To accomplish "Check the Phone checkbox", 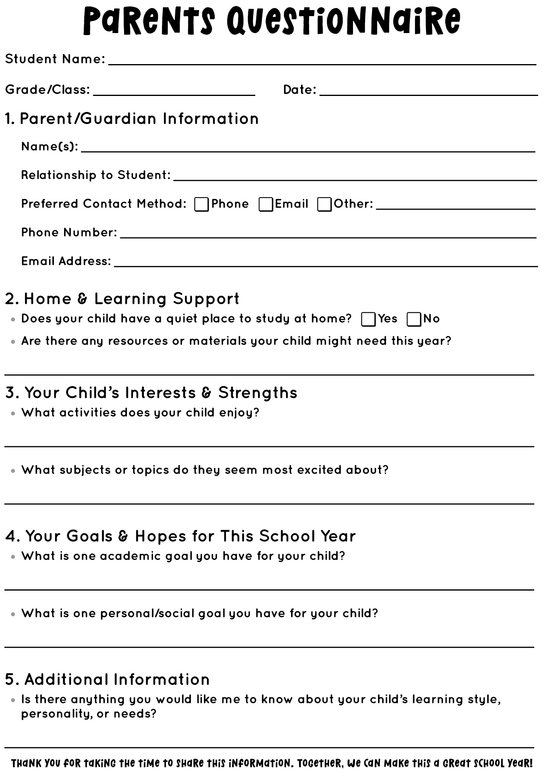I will point(201,204).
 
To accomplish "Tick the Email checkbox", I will point(266,204).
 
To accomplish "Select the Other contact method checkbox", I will point(324,204).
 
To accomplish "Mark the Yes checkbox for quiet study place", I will point(368,319).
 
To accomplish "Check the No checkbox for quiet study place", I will point(414,319).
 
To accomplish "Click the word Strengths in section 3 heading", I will point(257,393).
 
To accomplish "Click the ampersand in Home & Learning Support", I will point(82,299).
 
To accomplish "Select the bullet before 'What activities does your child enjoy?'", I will point(13,414).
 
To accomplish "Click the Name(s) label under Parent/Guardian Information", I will point(50,146).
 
